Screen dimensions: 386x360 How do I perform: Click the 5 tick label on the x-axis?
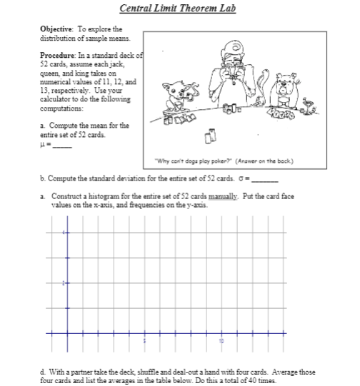pos(143,341)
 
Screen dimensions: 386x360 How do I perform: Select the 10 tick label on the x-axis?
pos(221,341)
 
